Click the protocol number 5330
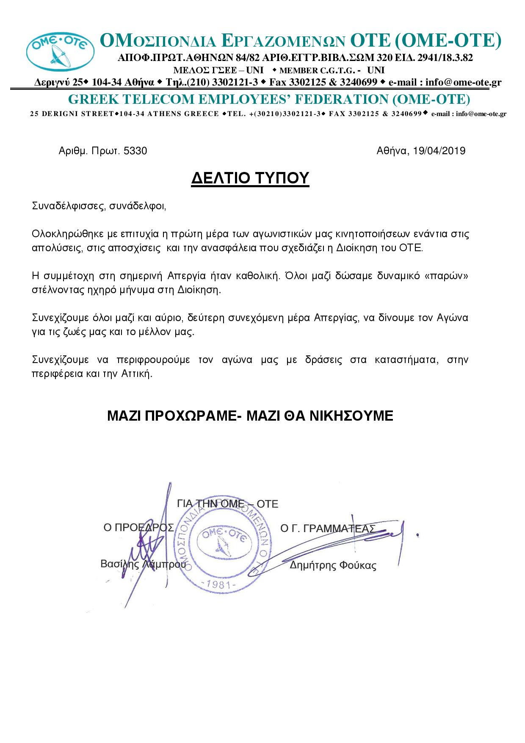135,151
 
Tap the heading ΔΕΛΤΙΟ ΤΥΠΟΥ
250,179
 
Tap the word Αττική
137,374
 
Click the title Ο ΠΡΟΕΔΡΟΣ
139,527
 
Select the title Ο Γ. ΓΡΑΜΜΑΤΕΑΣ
328,528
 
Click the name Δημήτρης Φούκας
333,566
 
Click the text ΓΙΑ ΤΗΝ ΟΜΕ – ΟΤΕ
228,504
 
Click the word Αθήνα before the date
391,151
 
